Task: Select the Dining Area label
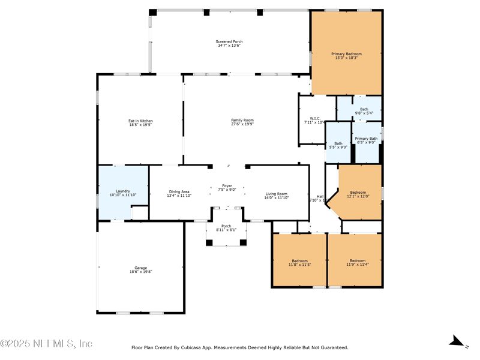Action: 179,193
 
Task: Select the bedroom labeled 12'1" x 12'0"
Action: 358,194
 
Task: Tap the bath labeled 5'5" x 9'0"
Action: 338,145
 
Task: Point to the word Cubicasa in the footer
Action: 193,347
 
